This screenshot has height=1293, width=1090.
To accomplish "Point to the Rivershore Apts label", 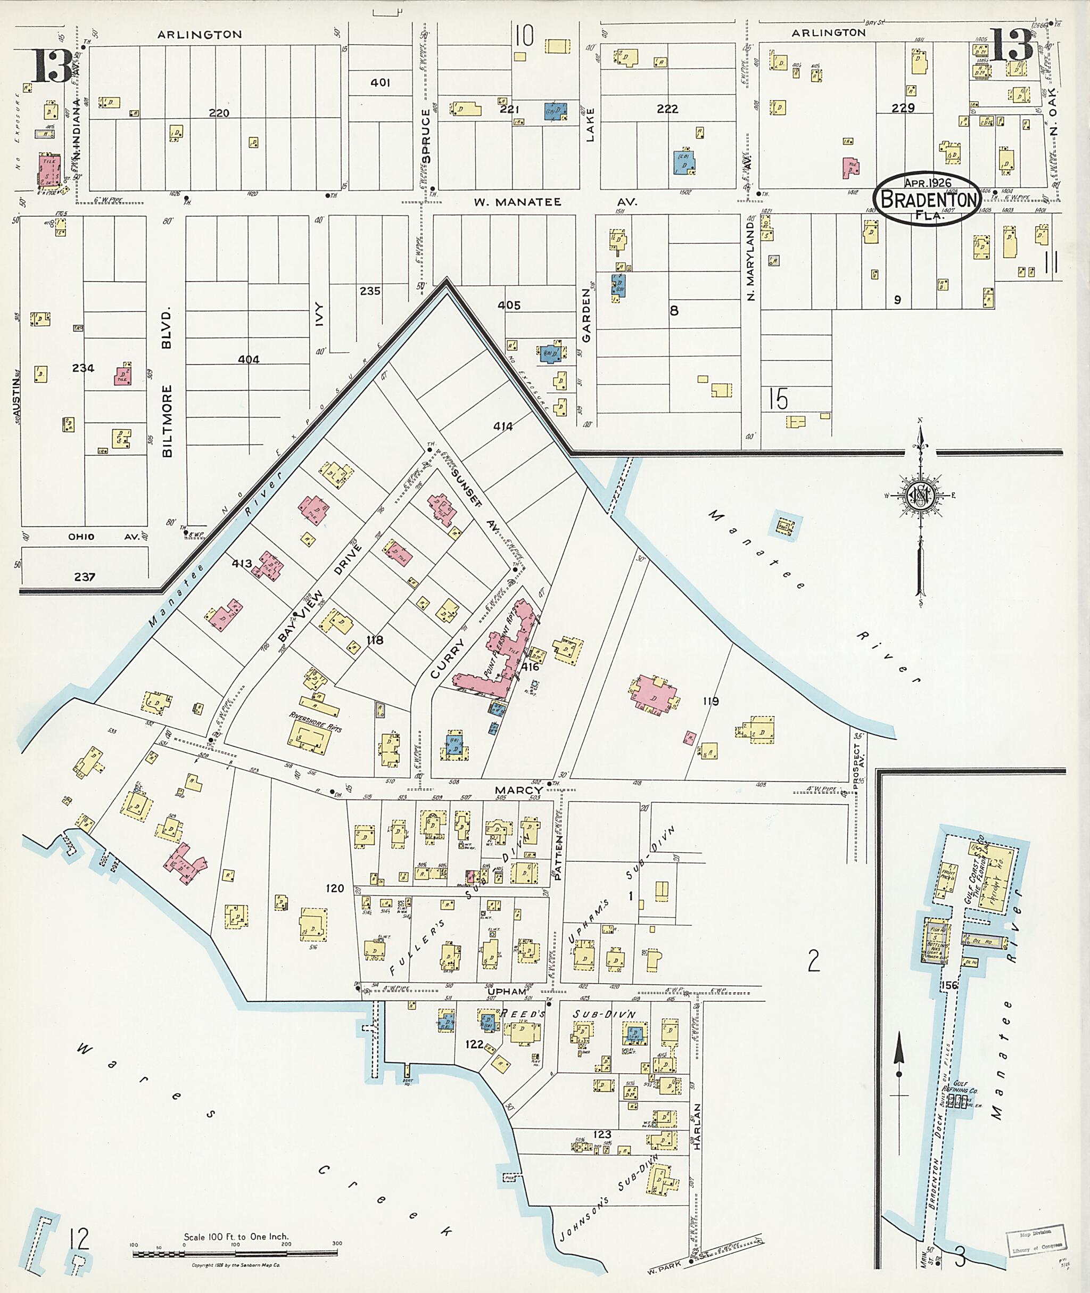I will [x=315, y=721].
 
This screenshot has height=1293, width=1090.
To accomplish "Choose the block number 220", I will [x=219, y=113].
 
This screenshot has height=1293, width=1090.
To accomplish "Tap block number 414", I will [x=502, y=426].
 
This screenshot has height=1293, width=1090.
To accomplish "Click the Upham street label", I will [x=507, y=991].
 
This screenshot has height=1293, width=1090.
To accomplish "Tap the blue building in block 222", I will [x=684, y=162].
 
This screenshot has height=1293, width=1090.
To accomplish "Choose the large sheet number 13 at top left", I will [x=53, y=66].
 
